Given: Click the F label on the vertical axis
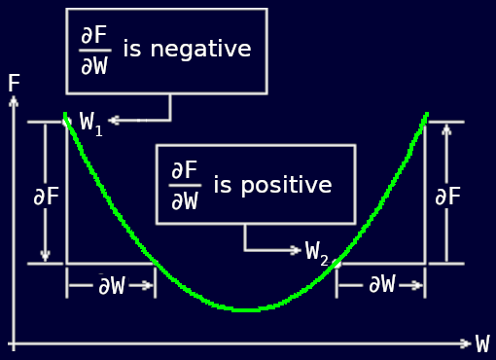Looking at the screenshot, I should point(14,84).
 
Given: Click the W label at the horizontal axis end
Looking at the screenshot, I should point(482,344).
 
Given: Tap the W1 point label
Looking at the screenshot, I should point(90,124).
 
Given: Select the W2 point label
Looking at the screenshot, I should point(317,252).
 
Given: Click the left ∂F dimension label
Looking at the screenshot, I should point(46,197).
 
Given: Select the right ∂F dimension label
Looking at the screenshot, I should point(447,197).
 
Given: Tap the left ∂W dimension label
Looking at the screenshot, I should point(111,285).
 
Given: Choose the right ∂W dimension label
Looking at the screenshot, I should point(381,284).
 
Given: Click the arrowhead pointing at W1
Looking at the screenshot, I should point(113,121).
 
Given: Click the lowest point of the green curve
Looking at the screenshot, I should point(247,309).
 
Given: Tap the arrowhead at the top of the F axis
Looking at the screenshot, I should point(14,101).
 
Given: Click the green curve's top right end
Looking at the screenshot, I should point(425,116).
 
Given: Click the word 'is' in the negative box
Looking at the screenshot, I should point(132,49).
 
